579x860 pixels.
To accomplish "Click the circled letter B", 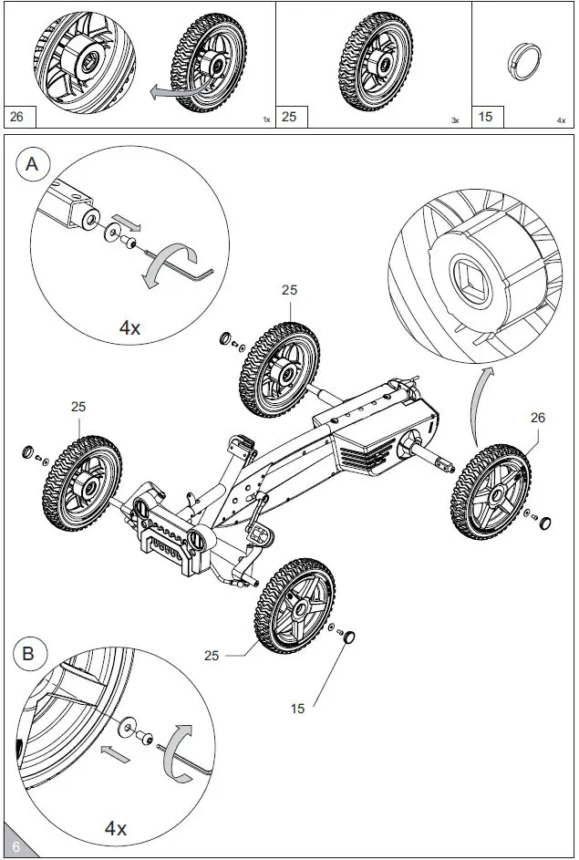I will click(x=28, y=653).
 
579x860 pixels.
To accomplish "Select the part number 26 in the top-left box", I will click(x=17, y=117).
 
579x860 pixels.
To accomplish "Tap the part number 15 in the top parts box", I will click(x=486, y=117).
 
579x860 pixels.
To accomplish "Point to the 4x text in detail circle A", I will click(x=129, y=326).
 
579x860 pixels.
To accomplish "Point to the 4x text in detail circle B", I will click(x=115, y=828).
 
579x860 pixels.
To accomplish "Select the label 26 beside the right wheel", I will click(x=537, y=418).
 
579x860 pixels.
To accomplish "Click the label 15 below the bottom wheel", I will click(x=298, y=708).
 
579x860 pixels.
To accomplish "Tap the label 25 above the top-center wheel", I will click(x=289, y=290).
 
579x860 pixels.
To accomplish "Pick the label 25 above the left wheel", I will click(x=79, y=407).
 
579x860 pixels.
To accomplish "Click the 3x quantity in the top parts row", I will click(x=455, y=120).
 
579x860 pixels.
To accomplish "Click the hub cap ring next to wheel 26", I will click(x=547, y=523).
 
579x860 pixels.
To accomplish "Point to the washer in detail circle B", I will click(x=123, y=727).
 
